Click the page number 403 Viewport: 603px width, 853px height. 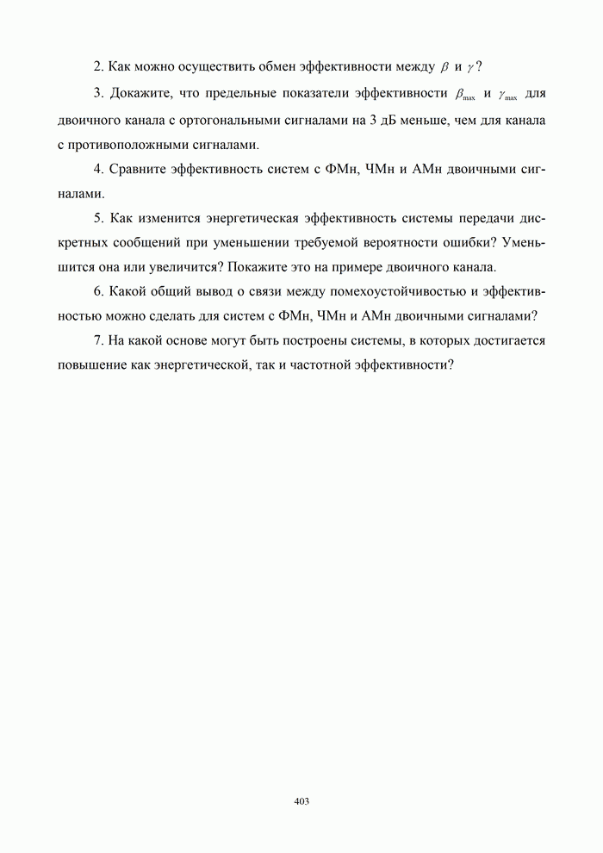pos(301,801)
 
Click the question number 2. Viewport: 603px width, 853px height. pos(98,66)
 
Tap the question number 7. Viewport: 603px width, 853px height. pos(98,340)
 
